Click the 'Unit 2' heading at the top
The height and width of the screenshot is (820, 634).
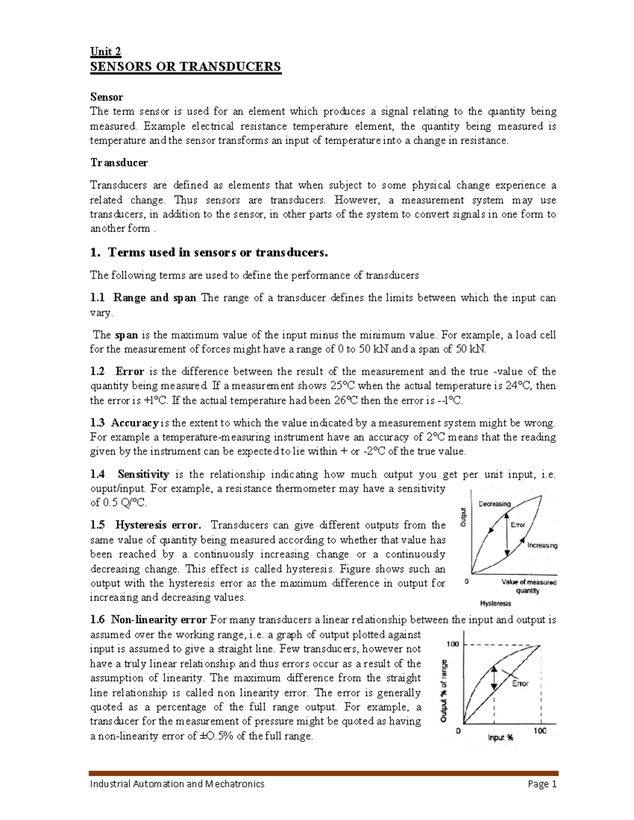pyautogui.click(x=106, y=51)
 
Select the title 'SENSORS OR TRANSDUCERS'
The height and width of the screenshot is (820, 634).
pyautogui.click(x=185, y=67)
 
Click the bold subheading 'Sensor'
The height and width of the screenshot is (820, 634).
pyautogui.click(x=106, y=97)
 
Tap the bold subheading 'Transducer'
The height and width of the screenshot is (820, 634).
pyautogui.click(x=119, y=163)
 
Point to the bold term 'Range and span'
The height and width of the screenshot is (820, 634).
pyautogui.click(x=155, y=298)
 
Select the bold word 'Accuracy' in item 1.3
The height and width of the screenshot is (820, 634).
pyautogui.click(x=135, y=423)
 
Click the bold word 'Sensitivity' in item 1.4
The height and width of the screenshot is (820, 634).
pyautogui.click(x=143, y=474)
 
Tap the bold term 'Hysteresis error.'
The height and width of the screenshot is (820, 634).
pyautogui.click(x=158, y=525)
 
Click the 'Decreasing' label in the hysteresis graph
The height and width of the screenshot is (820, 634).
pyautogui.click(x=495, y=504)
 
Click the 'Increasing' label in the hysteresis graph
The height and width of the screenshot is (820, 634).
pyautogui.click(x=542, y=545)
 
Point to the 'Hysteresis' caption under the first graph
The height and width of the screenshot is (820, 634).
pyautogui.click(x=495, y=603)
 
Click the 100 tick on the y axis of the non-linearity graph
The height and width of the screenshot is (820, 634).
pyautogui.click(x=453, y=644)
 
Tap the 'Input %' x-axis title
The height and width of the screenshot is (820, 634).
pyautogui.click(x=500, y=738)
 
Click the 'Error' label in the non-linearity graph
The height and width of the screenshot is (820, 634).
pyautogui.click(x=520, y=683)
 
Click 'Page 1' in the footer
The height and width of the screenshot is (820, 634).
pyautogui.click(x=543, y=784)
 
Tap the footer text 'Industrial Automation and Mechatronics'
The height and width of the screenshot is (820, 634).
pyautogui.click(x=177, y=784)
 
